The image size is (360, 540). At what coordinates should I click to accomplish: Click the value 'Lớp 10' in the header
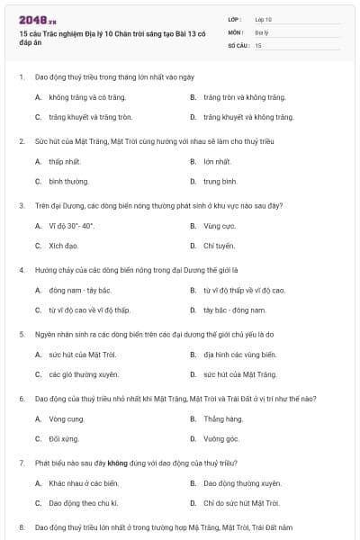[x=264, y=18]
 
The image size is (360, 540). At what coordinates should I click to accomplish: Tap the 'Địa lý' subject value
[x=261, y=31]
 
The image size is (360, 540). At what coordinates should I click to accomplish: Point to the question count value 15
[x=258, y=44]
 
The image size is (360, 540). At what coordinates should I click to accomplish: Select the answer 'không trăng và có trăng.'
[x=83, y=97]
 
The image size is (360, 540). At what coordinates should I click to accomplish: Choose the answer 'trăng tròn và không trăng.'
[x=244, y=97]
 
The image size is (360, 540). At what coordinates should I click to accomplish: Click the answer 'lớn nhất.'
[x=217, y=161]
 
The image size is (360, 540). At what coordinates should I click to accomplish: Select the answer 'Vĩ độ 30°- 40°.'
[x=72, y=225]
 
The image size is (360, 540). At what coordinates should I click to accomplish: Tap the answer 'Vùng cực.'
[x=219, y=225]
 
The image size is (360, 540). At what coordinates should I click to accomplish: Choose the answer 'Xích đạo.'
[x=64, y=245]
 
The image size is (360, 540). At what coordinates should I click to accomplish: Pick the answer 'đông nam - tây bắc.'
[x=80, y=290]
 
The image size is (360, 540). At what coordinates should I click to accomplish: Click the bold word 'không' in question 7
[x=116, y=461]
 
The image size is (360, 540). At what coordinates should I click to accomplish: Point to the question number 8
[x=21, y=526]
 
